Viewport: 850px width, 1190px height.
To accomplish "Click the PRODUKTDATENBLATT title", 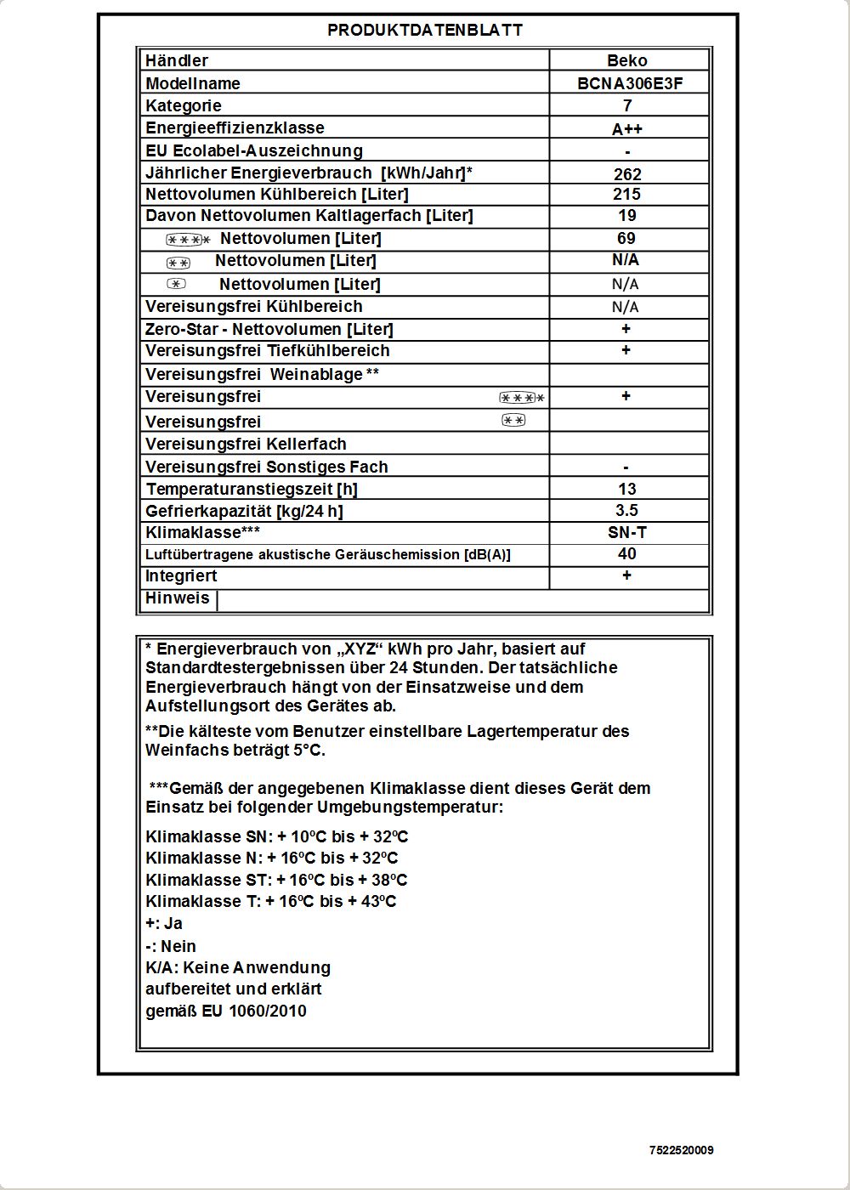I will tap(425, 31).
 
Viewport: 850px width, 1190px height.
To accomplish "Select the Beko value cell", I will tap(627, 61).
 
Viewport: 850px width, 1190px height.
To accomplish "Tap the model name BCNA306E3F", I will tap(630, 83).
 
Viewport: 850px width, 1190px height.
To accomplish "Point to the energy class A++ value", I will tap(627, 129).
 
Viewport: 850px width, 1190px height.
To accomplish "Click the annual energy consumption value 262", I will tap(627, 174).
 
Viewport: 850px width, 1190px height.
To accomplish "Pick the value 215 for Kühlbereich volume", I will tap(627, 194).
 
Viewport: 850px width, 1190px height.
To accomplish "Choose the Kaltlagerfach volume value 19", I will tap(627, 216).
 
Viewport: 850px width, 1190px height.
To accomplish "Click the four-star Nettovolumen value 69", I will tap(626, 239).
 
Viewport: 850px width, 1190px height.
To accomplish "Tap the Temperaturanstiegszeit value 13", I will tap(627, 489).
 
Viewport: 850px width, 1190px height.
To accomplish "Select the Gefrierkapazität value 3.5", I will tap(627, 510).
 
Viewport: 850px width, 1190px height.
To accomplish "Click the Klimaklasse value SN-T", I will tap(627, 532).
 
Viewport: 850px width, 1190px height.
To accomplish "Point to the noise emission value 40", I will tap(627, 554).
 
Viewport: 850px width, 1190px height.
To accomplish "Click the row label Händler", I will tap(177, 61).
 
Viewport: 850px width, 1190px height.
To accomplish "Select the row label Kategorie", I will tap(184, 106).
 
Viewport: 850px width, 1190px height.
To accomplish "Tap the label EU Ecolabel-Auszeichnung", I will tap(254, 151).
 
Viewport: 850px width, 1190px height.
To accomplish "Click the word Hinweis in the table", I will tap(177, 598).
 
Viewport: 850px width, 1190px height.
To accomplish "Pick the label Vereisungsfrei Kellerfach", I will tap(246, 445).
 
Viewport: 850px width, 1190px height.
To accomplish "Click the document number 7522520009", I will tap(682, 1150).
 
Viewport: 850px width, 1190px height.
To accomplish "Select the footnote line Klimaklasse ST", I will tap(276, 880).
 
